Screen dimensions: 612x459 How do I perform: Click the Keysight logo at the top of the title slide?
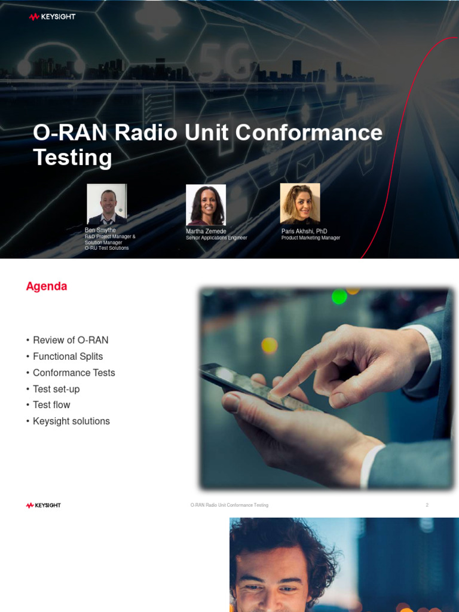click(52, 17)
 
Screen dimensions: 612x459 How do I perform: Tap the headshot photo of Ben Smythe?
click(106, 204)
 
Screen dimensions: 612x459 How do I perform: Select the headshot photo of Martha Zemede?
click(206, 204)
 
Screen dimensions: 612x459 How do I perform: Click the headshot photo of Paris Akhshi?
click(300, 203)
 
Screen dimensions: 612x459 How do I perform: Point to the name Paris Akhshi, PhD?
click(304, 231)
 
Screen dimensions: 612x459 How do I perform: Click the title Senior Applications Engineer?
click(216, 238)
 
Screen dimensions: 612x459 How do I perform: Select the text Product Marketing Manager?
click(311, 238)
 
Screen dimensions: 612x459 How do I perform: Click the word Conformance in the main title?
click(309, 132)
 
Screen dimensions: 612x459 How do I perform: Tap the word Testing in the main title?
click(72, 157)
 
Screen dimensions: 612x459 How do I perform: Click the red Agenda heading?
click(47, 286)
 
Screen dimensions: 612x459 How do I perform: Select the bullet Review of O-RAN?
click(71, 340)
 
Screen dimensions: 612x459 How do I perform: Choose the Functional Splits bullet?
click(68, 356)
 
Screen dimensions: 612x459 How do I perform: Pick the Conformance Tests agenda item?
click(74, 372)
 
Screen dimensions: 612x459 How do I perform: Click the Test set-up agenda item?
click(56, 389)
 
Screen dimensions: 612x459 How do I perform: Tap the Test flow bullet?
click(51, 405)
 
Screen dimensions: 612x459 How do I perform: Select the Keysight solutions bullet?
click(71, 421)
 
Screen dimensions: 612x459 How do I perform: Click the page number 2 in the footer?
click(427, 505)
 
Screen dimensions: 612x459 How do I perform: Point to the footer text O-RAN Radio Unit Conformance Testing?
click(229, 505)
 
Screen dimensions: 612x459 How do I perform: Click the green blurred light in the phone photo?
click(339, 296)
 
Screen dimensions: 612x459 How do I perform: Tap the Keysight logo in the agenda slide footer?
click(44, 505)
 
